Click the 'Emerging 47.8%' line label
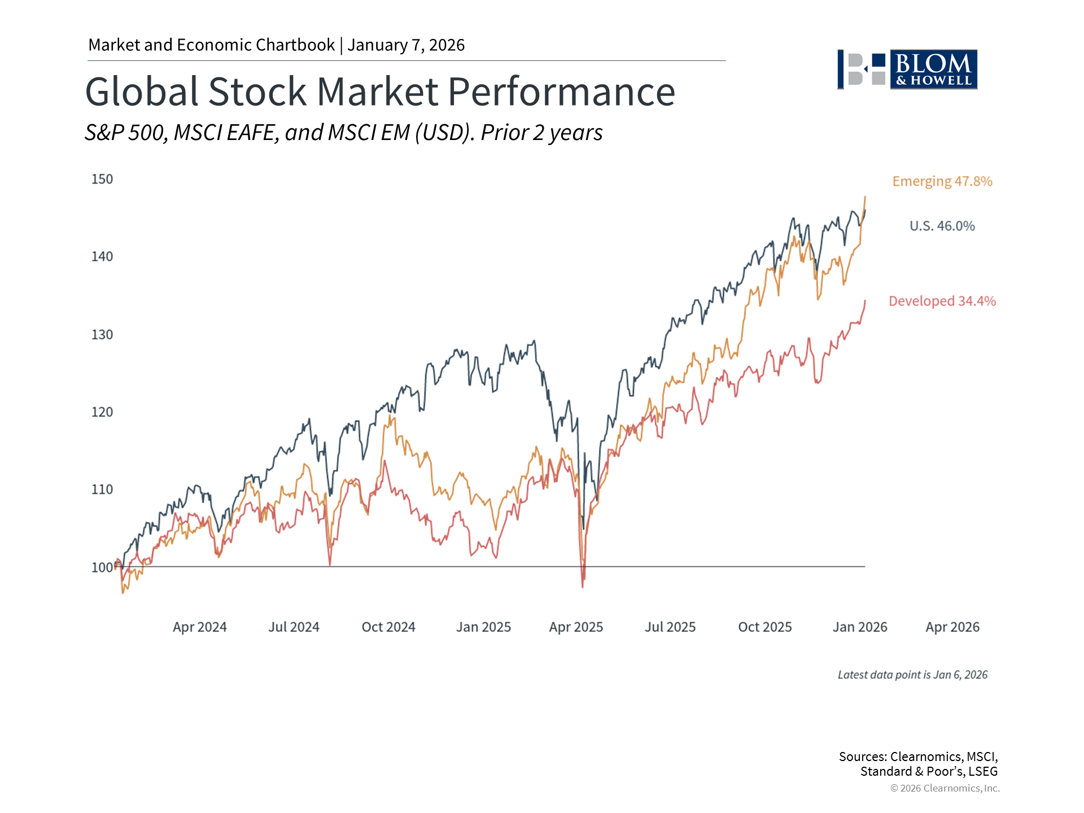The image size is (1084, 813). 942,181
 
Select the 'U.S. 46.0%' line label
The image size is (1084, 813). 942,226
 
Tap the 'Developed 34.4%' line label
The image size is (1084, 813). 942,301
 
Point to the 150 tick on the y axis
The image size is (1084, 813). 102,179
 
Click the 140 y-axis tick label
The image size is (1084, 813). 102,256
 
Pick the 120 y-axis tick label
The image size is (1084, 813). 102,412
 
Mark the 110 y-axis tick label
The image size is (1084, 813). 102,489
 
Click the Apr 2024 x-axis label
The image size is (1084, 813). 199,627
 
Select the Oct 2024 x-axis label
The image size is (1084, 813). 388,627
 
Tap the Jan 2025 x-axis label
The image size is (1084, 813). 483,627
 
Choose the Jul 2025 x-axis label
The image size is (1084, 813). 670,627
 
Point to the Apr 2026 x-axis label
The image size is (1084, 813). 952,627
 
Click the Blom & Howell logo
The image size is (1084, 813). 907,69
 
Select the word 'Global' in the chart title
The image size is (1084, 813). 141,91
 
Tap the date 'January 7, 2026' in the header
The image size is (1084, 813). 406,45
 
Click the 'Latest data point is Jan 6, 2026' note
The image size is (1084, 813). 912,675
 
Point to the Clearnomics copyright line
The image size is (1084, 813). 945,788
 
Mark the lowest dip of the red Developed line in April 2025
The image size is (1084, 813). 583,587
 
